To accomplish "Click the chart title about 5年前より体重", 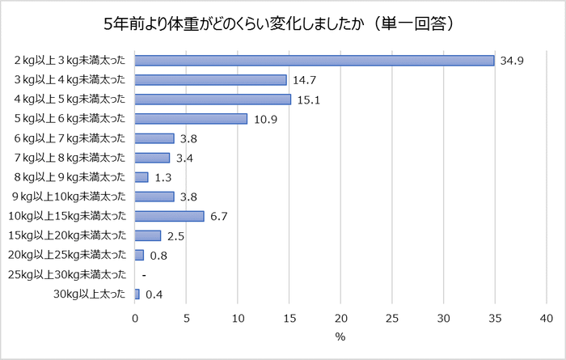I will click(x=283, y=23).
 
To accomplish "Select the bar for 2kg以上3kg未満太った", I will click(x=314, y=61).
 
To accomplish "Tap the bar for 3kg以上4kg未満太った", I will click(x=210, y=80).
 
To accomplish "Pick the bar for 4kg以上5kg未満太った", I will click(x=213, y=100).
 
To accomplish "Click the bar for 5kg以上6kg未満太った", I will click(x=191, y=119).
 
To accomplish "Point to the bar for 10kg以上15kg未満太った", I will click(x=169, y=216).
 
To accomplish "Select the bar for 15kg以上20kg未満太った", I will click(x=148, y=235).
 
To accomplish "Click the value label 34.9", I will click(x=513, y=61).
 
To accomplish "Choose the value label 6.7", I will click(x=221, y=216).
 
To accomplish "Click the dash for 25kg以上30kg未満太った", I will click(x=143, y=275).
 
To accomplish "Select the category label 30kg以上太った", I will click(x=90, y=294).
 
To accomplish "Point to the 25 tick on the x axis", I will click(x=392, y=318).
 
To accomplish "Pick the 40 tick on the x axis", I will click(x=547, y=318).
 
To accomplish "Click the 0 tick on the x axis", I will click(x=135, y=318).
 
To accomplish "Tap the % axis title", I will click(x=340, y=337).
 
